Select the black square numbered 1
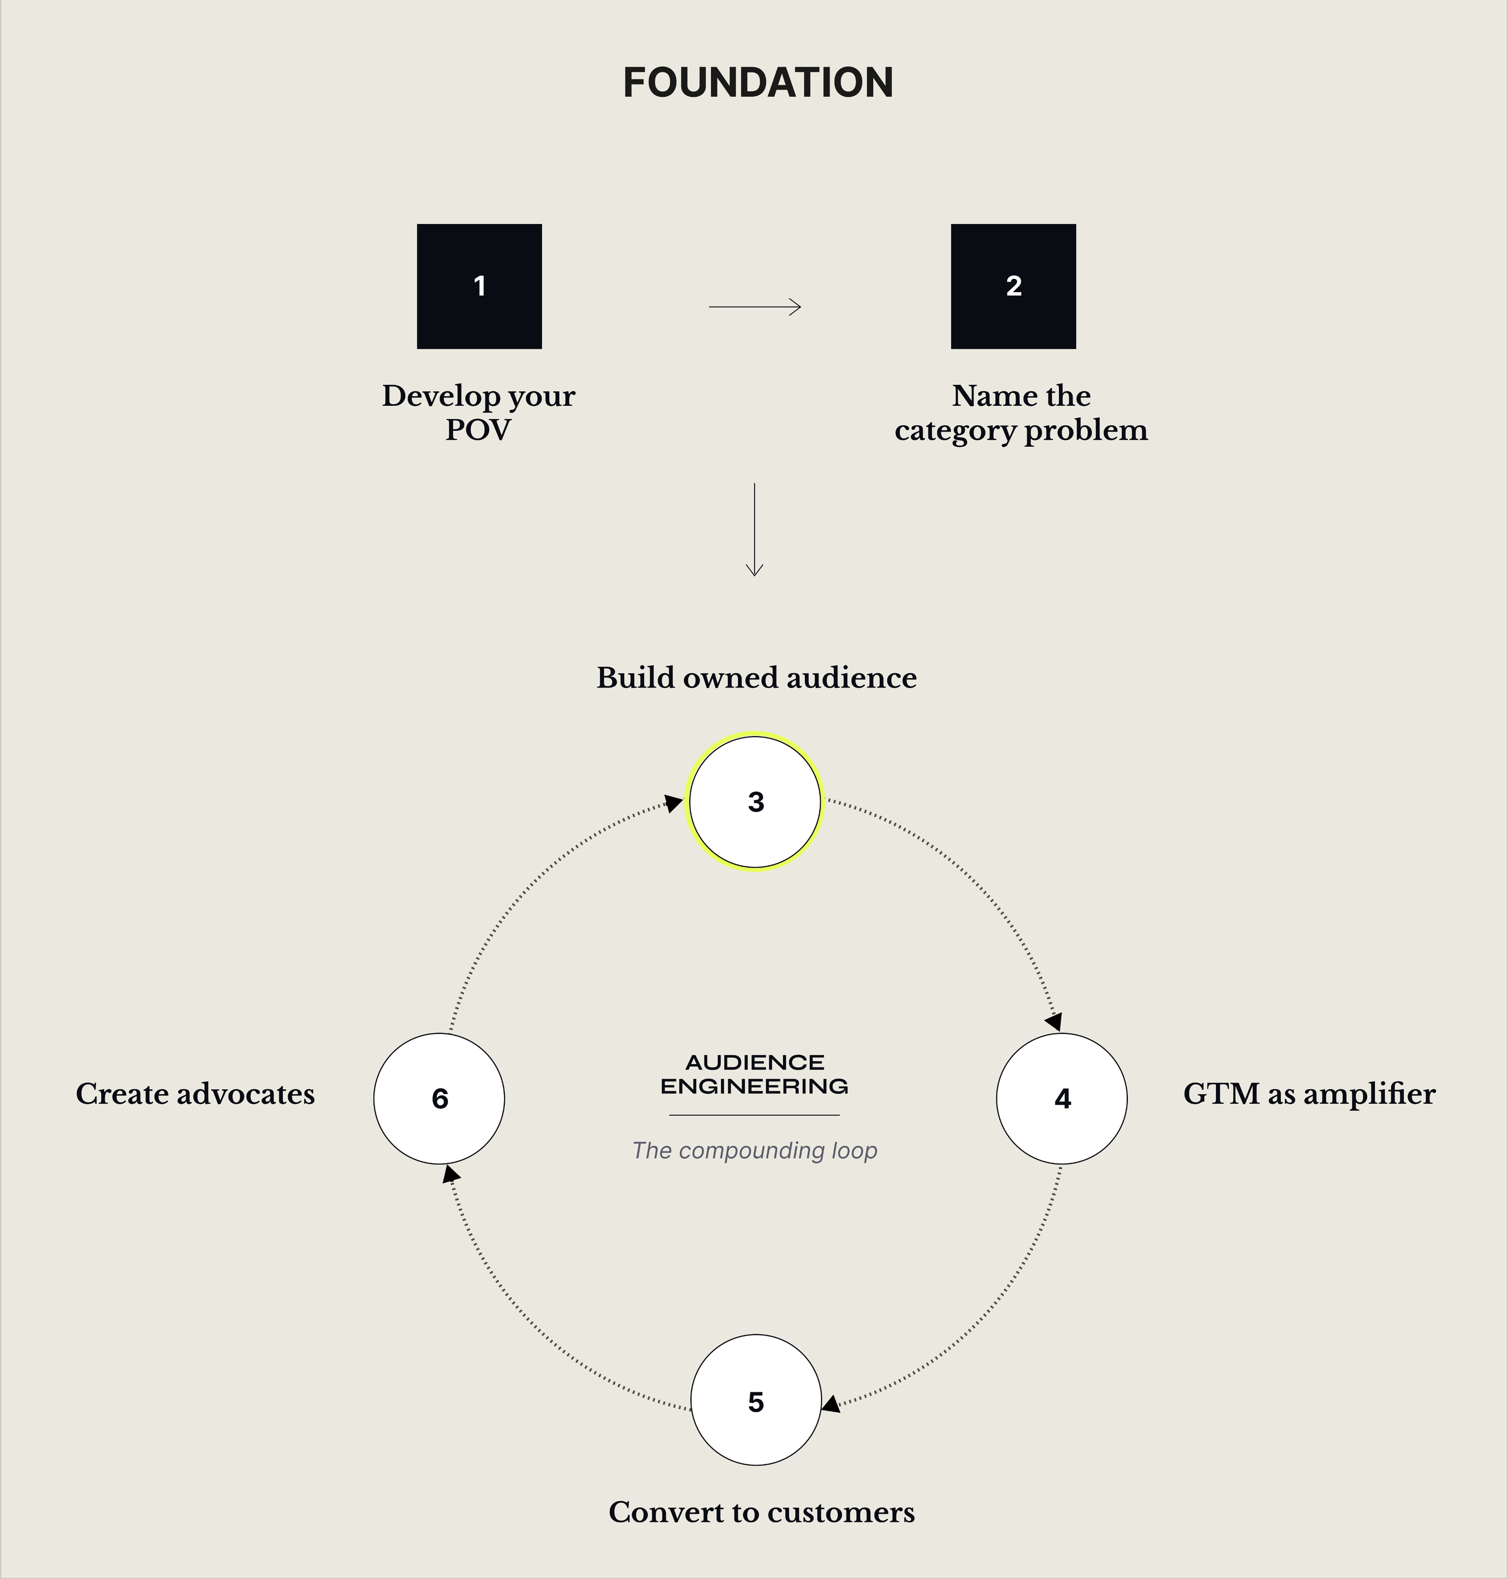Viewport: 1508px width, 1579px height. [479, 286]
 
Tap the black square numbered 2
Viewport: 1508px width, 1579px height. [1013, 286]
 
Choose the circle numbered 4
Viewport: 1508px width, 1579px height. [1062, 1098]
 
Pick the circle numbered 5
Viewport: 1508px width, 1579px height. [756, 1401]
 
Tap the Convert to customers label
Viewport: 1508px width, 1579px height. [761, 1512]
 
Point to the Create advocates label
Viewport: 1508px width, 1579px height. [195, 1094]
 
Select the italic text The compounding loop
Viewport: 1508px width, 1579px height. [754, 1150]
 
